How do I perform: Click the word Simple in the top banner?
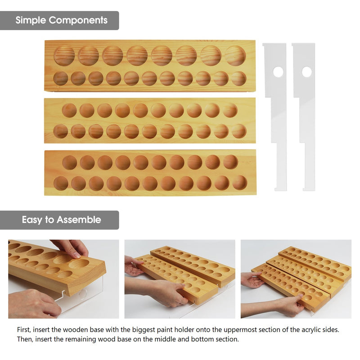[31, 20]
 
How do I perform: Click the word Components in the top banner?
[78, 20]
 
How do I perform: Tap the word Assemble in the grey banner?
[79, 220]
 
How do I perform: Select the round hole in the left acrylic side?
[278, 72]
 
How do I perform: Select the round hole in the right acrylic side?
[307, 72]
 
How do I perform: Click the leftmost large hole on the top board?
[64, 56]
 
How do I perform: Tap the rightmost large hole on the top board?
[235, 55]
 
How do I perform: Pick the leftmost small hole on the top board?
[61, 78]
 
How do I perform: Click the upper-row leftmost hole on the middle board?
[69, 110]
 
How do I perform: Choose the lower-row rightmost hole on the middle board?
[239, 131]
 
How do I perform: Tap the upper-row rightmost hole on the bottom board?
[230, 162]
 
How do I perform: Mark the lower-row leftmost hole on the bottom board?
[61, 184]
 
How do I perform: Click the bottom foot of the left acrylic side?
[281, 189]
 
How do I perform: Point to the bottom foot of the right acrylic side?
[309, 189]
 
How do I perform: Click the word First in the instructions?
[24, 330]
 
